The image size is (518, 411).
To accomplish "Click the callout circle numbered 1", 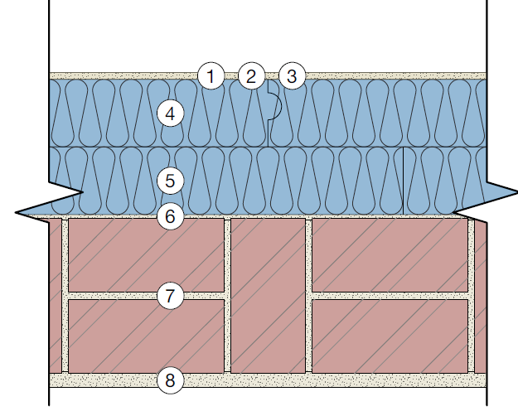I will click(x=211, y=77).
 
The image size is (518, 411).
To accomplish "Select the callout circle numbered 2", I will click(x=250, y=77).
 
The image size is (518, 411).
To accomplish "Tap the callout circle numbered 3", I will click(x=290, y=77).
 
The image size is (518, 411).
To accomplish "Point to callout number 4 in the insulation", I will click(x=170, y=113).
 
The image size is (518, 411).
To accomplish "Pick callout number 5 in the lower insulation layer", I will click(x=170, y=180).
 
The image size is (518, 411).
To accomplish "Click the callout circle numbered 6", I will click(x=170, y=217).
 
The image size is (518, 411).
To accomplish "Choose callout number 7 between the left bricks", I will click(x=170, y=295).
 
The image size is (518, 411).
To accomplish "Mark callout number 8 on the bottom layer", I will click(x=170, y=381).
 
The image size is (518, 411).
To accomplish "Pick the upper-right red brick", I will click(x=390, y=255).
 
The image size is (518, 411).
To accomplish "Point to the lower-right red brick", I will click(x=390, y=336).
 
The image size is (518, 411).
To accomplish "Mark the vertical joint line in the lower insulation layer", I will click(x=402, y=180).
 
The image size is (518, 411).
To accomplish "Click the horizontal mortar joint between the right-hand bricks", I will click(x=390, y=295).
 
